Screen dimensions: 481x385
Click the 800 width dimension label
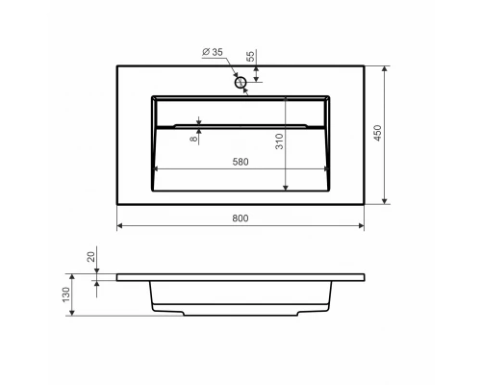pos(240,218)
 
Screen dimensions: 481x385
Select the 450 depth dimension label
pos(378,133)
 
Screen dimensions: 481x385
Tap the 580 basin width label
pos(240,162)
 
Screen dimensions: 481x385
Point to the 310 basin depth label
pos(279,141)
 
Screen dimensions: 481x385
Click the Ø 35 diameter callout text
pos(213,52)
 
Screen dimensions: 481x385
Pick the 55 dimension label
pos(251,56)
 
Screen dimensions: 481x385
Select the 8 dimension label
pos(193,139)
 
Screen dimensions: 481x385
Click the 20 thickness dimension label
pos(91,257)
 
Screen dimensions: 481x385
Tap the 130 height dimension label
pos(65,295)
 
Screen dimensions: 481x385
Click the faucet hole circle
pos(240,83)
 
